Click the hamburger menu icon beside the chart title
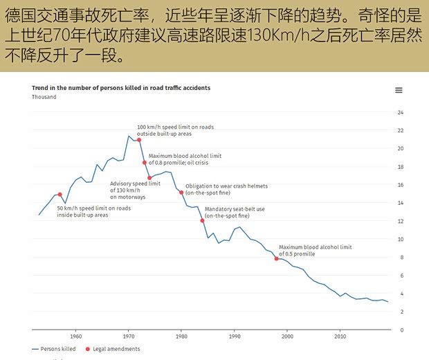point(399,91)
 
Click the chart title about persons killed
point(121,88)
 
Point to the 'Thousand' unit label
point(44,97)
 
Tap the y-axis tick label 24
point(400,112)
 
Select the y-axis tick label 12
point(400,221)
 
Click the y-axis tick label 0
point(401,330)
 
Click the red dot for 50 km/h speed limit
point(60,195)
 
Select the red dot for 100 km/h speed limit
point(139,140)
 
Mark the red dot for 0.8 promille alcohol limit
point(145,163)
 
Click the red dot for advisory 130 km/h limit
point(149,178)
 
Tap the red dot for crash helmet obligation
point(181,192)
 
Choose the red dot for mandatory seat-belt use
point(203,221)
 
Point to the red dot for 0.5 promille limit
point(277,258)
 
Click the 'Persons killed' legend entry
point(54,349)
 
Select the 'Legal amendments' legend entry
point(112,349)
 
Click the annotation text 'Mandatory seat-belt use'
point(235,209)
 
